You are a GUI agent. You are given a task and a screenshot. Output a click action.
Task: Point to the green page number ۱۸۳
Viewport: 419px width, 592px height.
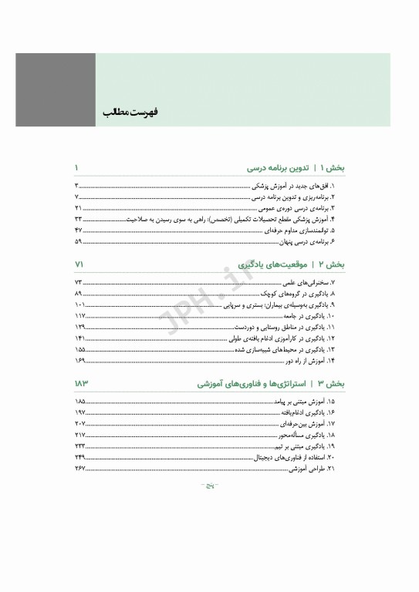tap(81, 383)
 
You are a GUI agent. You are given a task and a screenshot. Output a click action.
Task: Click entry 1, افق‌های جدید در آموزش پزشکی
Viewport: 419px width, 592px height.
tap(299, 187)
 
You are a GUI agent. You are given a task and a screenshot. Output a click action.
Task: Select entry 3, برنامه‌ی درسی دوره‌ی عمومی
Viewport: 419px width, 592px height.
tap(302, 209)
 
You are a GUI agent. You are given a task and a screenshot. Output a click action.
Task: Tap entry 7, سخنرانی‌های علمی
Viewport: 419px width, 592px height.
tap(312, 284)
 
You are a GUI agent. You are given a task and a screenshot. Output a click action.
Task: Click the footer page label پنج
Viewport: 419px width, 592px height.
tap(208, 486)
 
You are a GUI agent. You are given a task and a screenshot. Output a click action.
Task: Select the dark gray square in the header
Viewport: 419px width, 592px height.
tap(56, 90)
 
